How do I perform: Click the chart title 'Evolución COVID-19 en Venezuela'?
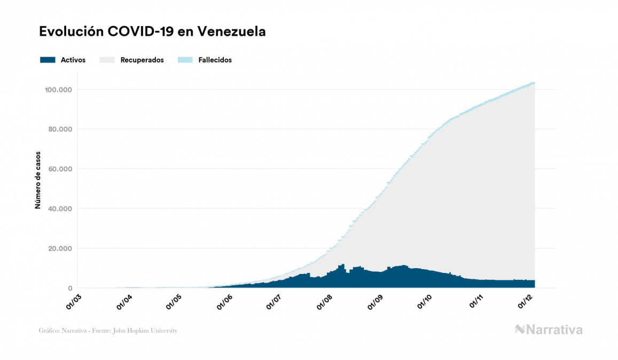[x=152, y=32]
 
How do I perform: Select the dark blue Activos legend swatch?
[x=48, y=60]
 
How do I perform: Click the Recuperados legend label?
[x=142, y=60]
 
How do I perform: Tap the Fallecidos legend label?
[x=215, y=60]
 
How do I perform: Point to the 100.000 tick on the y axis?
[x=59, y=89]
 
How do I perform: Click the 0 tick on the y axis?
[x=70, y=288]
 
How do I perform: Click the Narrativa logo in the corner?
[x=549, y=330]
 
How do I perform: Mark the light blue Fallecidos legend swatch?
[x=185, y=60]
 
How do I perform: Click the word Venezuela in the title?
[x=232, y=32]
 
